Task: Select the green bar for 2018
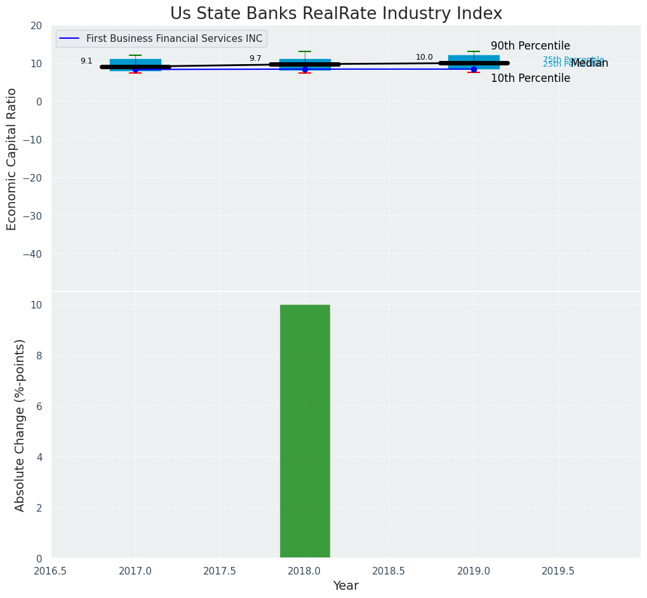point(305,431)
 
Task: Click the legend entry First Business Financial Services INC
point(174,39)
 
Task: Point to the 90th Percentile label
point(530,46)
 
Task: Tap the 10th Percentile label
point(530,79)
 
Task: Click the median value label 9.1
point(86,62)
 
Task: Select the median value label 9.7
point(255,58)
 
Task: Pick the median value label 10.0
point(424,57)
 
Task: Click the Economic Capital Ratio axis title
point(12,159)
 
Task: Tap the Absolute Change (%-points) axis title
point(20,425)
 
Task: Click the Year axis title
point(346,586)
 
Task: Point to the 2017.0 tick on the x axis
point(135,571)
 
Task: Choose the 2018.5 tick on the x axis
point(389,571)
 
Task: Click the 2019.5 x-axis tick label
point(558,571)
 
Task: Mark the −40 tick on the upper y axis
point(33,254)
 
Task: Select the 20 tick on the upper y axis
point(37,25)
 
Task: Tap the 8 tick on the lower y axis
point(38,355)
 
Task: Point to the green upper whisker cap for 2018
point(305,51)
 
